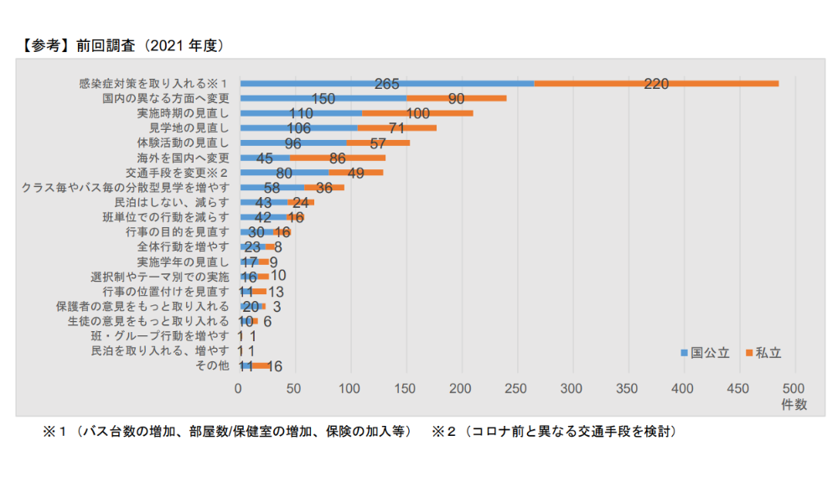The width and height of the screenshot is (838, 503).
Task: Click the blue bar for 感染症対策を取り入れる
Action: point(386,84)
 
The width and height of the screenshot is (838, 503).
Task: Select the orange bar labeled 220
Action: point(656,84)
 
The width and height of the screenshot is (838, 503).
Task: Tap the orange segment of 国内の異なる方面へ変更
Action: point(457,98)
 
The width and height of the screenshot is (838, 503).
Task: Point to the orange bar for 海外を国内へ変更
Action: point(338,158)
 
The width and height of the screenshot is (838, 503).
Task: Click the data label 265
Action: point(386,84)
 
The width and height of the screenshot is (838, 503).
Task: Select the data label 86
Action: point(338,158)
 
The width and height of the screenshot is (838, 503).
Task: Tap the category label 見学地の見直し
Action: point(189,128)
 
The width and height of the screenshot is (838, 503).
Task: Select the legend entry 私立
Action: point(763,353)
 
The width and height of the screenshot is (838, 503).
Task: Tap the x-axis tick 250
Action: point(516,388)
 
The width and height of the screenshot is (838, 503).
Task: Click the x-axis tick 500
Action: point(794,388)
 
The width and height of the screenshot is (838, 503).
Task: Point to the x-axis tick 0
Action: point(239,388)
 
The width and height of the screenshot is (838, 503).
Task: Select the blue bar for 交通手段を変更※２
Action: point(284,173)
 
